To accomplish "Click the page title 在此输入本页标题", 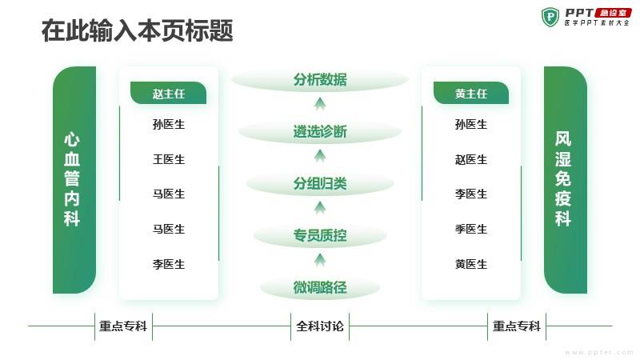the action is point(137,30).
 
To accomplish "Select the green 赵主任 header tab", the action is point(168,93).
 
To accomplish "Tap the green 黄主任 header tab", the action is point(471,93).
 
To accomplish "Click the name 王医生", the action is point(169,159).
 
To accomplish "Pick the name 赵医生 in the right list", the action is point(471,159).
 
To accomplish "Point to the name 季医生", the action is point(471,229).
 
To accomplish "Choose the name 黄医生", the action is point(471,264).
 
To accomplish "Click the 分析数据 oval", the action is point(320,79).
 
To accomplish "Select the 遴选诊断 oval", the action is point(320,131).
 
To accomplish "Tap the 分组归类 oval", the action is point(320,184).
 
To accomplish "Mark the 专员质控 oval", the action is point(320,235).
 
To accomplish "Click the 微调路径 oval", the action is point(320,287).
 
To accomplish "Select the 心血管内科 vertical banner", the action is point(74,180).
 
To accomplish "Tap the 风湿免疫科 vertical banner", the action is point(566,180).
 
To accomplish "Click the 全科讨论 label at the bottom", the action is point(320,326).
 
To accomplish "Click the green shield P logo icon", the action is point(550,17).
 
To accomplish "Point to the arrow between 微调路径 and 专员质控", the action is point(320,260).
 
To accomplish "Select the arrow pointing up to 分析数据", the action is point(320,104).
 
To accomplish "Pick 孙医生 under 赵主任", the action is point(169,124).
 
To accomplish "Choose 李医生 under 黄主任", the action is point(471,194).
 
